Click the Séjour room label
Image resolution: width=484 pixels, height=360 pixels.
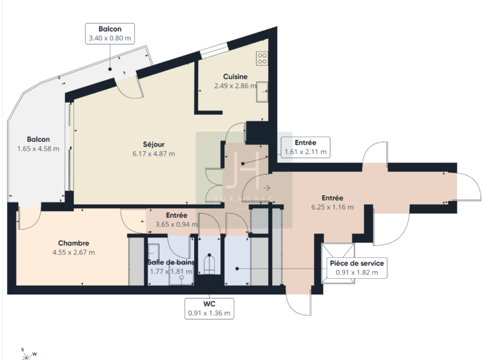point(154,144)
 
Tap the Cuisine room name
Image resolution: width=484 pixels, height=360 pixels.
point(235,77)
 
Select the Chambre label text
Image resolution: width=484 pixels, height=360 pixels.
point(73,243)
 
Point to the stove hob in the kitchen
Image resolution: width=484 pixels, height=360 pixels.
point(262,59)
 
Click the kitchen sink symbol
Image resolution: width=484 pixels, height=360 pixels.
point(262,92)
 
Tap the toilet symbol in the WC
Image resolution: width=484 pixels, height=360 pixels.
point(209,264)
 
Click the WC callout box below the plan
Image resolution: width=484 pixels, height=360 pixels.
point(209,308)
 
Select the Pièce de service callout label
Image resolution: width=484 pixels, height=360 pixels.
point(357,267)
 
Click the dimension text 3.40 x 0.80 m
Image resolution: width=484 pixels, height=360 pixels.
point(110,38)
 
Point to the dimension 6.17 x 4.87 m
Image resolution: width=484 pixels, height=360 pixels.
point(154,154)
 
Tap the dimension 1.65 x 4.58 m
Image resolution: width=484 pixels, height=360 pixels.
point(38,149)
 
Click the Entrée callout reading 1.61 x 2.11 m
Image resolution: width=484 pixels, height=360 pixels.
point(306,147)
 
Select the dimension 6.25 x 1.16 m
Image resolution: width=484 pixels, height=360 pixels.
point(333,207)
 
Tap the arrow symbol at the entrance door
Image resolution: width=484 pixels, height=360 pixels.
point(267,188)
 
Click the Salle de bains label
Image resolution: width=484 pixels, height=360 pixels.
point(171,262)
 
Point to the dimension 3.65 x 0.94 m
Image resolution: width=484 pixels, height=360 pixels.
point(177,224)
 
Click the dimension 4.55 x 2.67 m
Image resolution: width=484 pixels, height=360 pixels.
point(74,252)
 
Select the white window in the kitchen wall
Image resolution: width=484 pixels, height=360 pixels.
point(214,51)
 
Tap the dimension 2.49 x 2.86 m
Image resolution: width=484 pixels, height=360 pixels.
point(236,86)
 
